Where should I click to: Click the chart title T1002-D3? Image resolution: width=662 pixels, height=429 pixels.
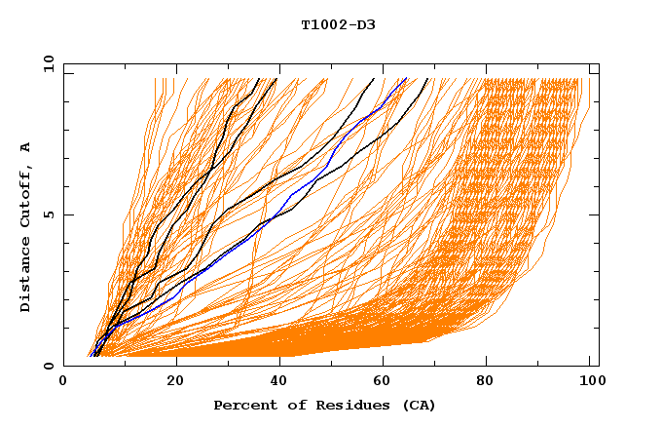click(x=338, y=25)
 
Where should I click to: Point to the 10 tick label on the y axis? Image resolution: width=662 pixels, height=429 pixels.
click(x=47, y=62)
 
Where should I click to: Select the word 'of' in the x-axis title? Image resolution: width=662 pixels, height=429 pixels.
click(x=289, y=405)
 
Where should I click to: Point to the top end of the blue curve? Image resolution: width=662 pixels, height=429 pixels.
click(x=406, y=79)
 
